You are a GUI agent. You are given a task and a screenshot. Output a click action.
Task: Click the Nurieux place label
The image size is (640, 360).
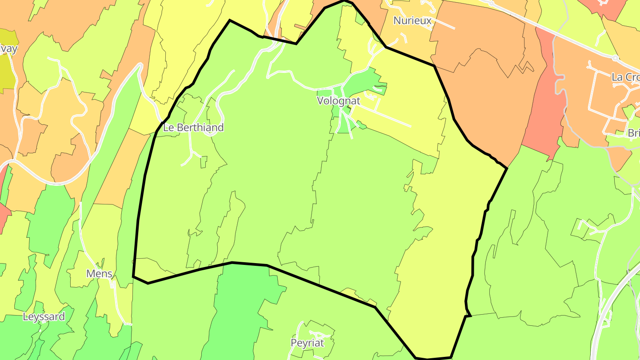pos(412,20)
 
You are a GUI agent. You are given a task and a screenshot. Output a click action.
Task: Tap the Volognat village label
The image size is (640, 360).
pos(338,101)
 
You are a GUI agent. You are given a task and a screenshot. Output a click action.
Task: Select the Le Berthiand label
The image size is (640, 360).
pos(193,128)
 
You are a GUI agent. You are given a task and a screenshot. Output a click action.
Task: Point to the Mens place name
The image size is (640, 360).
pos(99,273)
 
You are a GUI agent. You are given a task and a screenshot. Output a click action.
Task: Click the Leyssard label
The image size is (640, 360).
pos(44,316)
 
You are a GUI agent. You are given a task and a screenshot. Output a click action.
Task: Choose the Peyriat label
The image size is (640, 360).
pos(307,343)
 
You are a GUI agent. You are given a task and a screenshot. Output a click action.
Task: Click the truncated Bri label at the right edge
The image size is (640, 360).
pos(633,133)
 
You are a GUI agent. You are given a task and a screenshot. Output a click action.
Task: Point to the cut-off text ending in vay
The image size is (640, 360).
pos(8,48)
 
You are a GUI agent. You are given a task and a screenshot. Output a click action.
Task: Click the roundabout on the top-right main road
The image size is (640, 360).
pos(616,58)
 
